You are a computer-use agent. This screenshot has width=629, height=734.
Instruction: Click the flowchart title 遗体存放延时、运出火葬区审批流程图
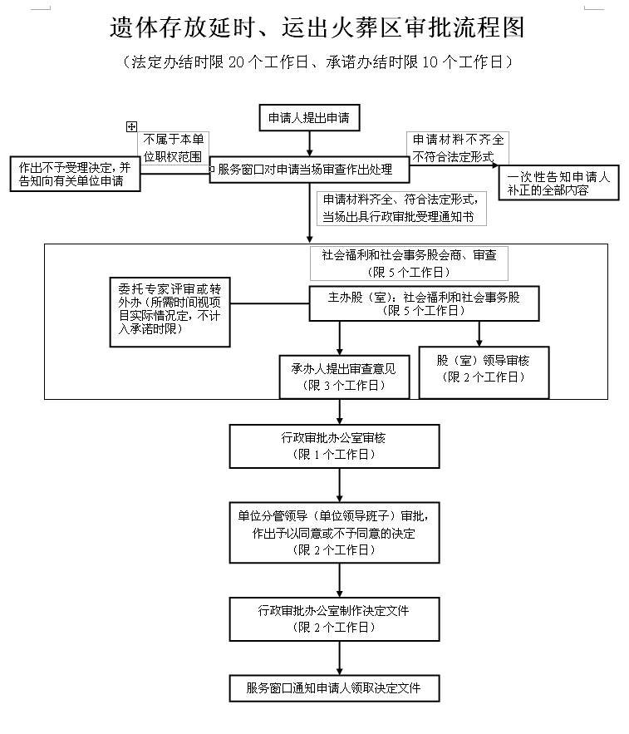[x=317, y=27]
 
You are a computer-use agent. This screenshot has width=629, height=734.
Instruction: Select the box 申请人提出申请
[x=308, y=118]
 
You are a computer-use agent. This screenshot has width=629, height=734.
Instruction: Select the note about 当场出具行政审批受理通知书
[x=399, y=209]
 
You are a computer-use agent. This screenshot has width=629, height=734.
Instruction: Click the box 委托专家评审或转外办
[x=170, y=309]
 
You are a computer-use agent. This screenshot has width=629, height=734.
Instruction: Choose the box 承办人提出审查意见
[x=338, y=377]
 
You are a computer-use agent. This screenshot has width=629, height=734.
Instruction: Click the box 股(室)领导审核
[x=484, y=370]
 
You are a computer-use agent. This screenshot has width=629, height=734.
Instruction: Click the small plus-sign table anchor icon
[x=130, y=126]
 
